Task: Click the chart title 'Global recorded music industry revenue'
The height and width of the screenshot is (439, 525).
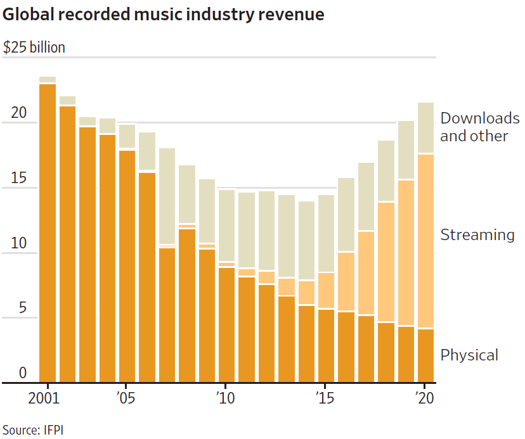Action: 164,15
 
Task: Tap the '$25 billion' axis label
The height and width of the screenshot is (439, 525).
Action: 34,48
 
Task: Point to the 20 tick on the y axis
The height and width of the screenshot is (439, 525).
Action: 19,113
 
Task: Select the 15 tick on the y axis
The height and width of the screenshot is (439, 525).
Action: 19,179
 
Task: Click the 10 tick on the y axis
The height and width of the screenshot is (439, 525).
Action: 19,244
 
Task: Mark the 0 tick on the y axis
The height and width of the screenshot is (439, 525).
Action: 23,373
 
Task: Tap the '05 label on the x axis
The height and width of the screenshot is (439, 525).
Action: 126,400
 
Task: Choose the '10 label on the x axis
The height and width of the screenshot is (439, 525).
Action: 225,400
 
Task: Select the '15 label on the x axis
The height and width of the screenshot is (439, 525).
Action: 324,400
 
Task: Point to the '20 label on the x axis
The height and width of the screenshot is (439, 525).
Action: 423,400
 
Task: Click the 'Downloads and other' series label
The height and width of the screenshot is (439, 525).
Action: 479,127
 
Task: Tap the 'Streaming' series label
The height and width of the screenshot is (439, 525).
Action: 477,235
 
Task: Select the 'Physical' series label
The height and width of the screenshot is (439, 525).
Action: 469,355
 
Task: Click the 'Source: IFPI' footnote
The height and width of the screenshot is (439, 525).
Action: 33,429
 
